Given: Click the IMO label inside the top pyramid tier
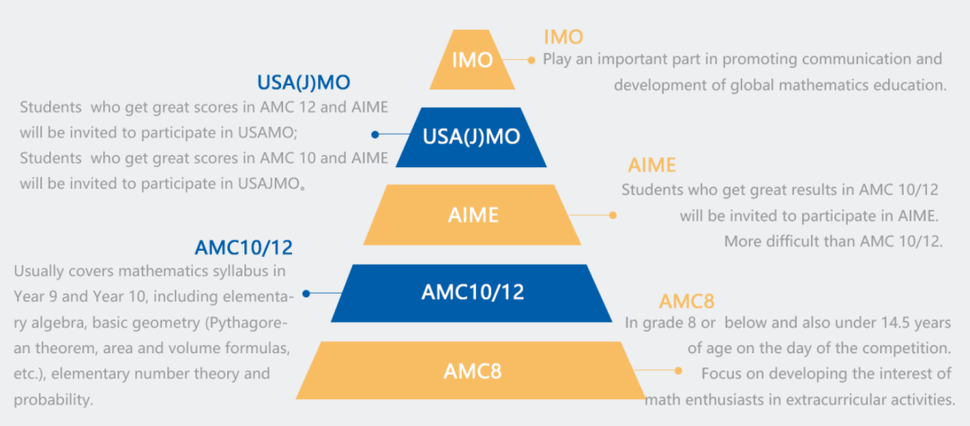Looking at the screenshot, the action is coord(472,61).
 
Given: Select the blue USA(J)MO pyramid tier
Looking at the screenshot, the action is coord(472,138).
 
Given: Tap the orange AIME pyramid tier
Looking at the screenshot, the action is coord(472,214).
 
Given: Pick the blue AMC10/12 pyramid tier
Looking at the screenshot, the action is coord(472,293).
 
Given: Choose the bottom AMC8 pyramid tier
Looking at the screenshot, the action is coord(472,370).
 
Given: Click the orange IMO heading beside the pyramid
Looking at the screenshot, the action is coord(563,37).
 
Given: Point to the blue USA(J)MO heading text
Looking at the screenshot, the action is coord(304,83).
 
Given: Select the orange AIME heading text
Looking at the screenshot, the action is coord(652,165).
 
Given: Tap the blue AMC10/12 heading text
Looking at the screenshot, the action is coord(243,248).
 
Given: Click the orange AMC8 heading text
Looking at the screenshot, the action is coord(687,302).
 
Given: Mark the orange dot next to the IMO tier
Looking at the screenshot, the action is coord(532,60).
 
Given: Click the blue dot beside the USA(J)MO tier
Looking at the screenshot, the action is coord(375,135).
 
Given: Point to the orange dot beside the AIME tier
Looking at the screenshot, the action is coord(613,216).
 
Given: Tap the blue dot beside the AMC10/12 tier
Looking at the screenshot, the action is coord(305,294).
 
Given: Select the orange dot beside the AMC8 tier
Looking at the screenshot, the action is coord(679,371).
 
